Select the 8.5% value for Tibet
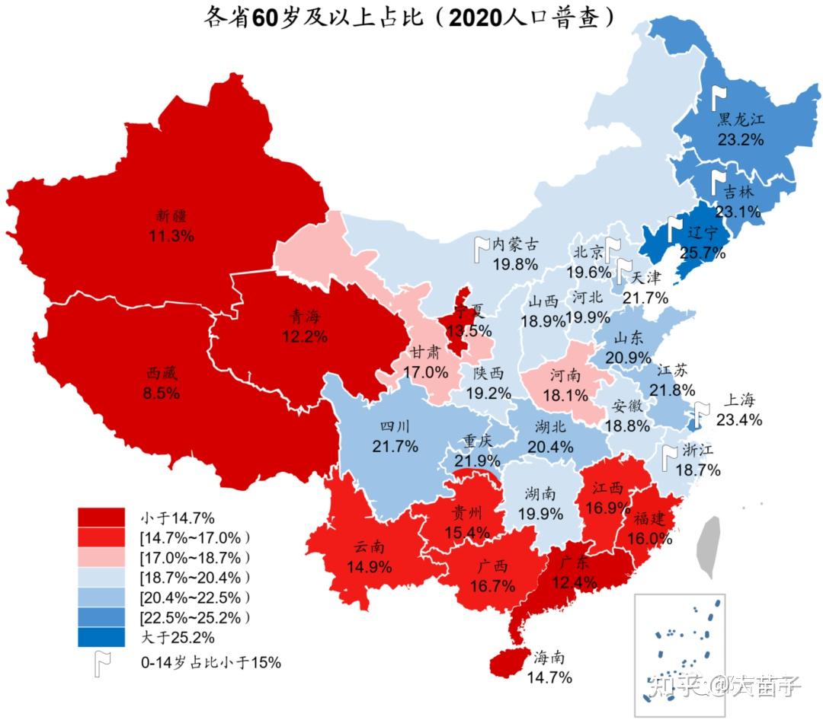[162, 393]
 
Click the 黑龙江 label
[740, 120]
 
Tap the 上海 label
[738, 400]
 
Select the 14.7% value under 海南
[552, 677]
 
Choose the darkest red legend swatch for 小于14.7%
[101, 518]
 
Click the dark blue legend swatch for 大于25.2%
[101, 636]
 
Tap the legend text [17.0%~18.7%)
[195, 557]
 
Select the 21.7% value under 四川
[395, 447]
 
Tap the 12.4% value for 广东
[575, 582]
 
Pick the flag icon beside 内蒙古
[482, 249]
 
